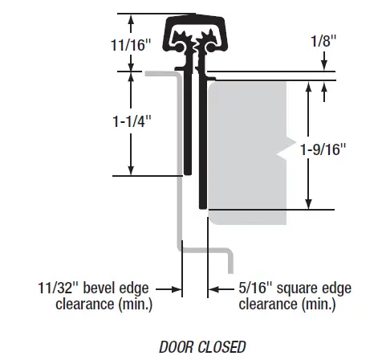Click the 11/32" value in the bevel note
tap(59, 286)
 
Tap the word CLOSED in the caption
tap(221, 347)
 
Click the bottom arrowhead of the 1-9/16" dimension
tap(307, 204)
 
